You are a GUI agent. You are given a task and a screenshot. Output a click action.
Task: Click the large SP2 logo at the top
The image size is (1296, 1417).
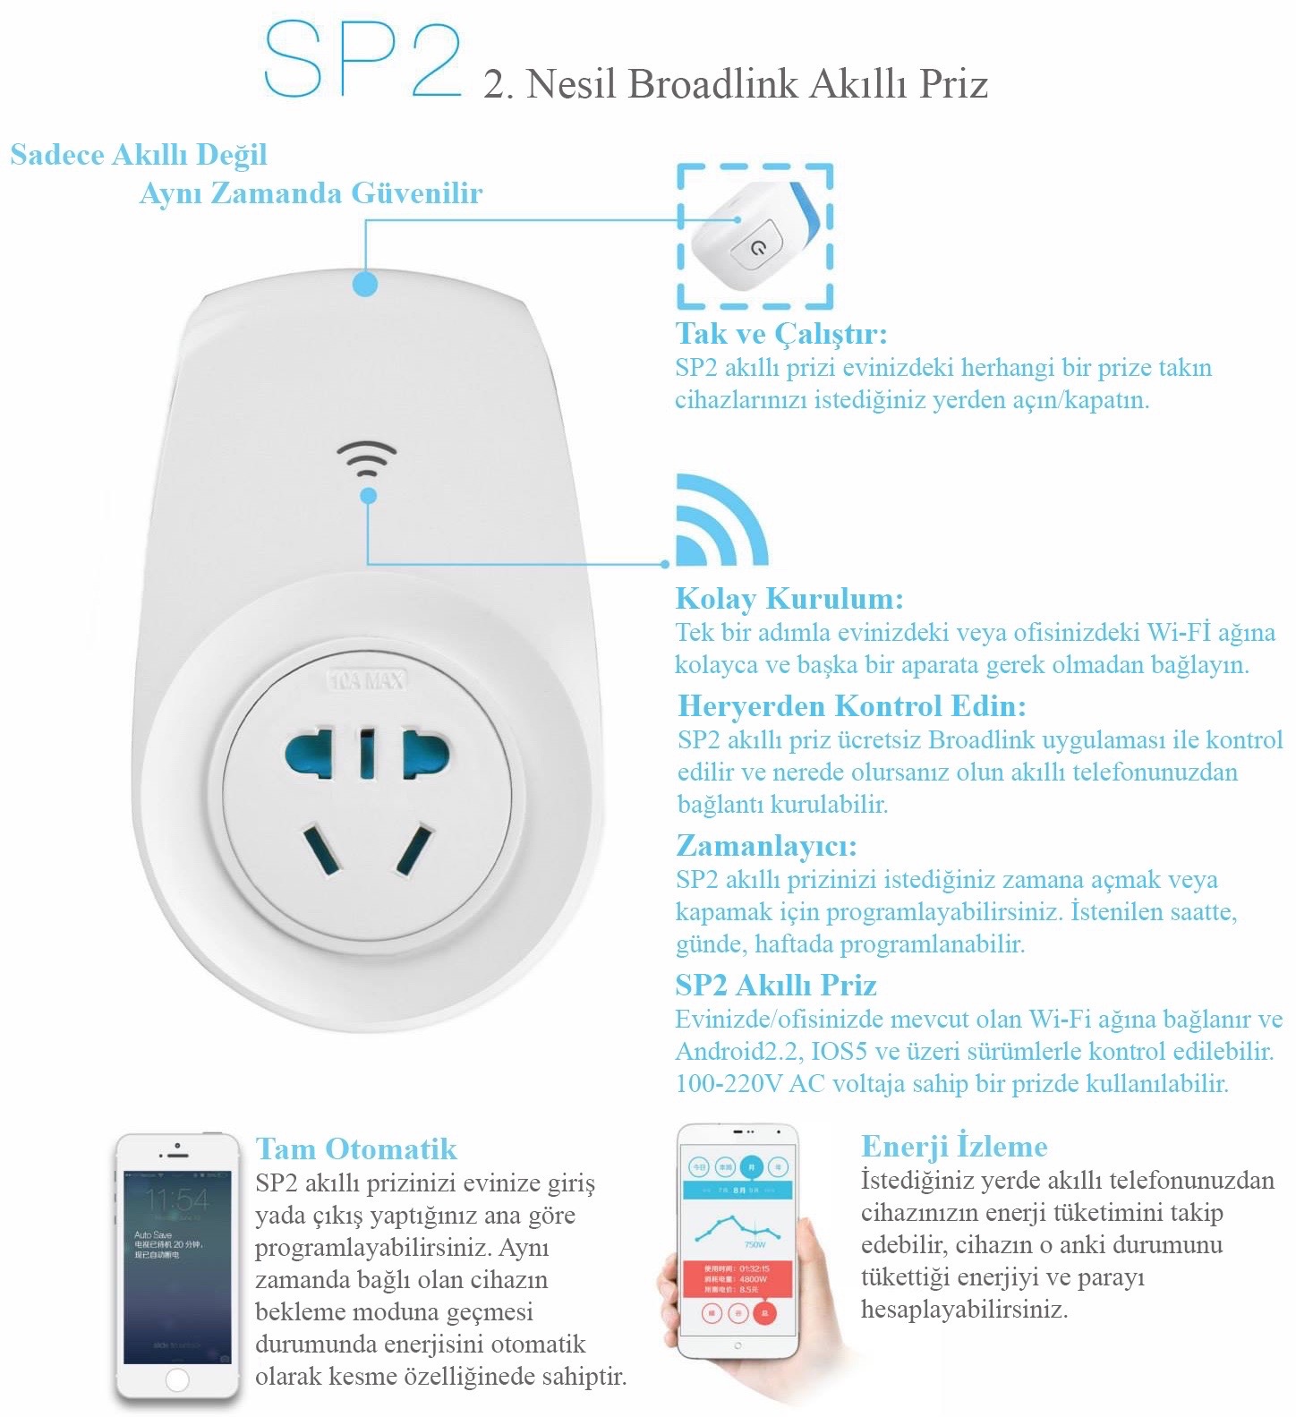coord(362,59)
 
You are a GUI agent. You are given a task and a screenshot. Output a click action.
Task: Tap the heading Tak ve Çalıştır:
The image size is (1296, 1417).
coord(780,334)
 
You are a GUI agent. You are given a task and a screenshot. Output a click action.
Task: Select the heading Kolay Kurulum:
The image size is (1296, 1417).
coord(789,599)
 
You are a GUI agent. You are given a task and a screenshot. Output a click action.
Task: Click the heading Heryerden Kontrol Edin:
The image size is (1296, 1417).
coord(851,706)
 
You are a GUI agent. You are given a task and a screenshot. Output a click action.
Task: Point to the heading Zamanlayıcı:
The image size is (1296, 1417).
coord(766,846)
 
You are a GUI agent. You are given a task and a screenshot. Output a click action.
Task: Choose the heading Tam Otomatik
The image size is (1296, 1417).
coord(355,1149)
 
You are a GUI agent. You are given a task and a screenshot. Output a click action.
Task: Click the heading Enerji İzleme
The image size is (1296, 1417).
coord(954,1147)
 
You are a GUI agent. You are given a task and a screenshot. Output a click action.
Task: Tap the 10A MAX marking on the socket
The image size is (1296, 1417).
coord(367,681)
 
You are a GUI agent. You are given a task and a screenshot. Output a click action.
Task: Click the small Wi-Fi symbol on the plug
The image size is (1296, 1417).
coord(367,458)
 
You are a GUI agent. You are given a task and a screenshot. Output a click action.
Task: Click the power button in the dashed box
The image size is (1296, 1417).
coord(758,246)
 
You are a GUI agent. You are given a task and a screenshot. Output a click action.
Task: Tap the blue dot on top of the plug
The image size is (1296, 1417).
coord(365,284)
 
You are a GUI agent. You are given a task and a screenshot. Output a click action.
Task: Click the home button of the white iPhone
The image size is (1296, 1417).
coord(177,1379)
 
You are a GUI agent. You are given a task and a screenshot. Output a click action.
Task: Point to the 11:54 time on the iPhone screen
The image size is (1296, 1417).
coord(176,1199)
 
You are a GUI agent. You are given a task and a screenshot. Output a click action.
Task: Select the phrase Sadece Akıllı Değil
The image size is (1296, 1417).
coord(139,155)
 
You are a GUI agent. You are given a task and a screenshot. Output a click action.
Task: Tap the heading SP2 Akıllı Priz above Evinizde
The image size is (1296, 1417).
coord(775,986)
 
